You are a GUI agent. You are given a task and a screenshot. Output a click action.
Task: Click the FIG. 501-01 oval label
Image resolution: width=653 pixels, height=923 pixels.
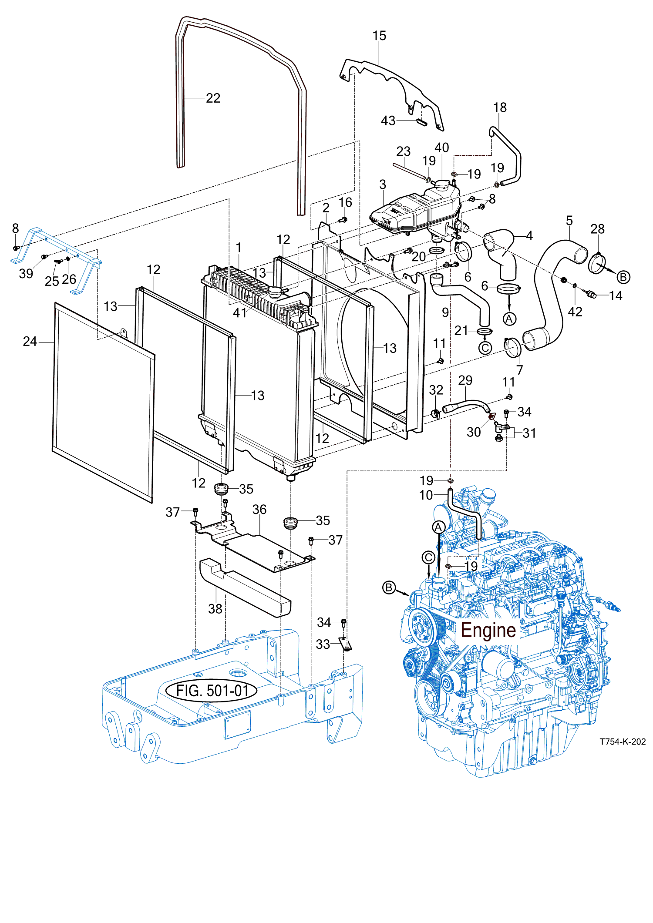tap(212, 690)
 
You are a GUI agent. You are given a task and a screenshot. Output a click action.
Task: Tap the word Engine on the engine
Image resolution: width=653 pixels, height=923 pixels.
tap(488, 630)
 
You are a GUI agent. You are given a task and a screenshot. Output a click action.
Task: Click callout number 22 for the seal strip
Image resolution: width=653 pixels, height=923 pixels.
tap(213, 98)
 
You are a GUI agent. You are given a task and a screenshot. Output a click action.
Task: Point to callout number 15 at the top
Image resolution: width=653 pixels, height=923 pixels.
tap(379, 36)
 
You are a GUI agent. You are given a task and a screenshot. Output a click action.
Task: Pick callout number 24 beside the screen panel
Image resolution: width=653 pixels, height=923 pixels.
tap(30, 342)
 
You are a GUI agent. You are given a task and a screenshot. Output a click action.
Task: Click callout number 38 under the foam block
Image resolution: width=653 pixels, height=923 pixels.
tap(215, 609)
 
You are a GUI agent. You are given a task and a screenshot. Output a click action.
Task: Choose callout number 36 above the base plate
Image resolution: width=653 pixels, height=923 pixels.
tap(259, 510)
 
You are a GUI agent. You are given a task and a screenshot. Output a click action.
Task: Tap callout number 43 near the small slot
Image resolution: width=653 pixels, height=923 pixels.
tap(388, 121)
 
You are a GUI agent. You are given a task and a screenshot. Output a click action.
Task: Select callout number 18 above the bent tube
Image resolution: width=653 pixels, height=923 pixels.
tap(500, 107)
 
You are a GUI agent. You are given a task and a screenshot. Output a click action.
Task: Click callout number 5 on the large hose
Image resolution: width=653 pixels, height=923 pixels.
tap(569, 221)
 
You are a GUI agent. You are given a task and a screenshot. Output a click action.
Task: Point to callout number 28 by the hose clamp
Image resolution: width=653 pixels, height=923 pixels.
tap(597, 229)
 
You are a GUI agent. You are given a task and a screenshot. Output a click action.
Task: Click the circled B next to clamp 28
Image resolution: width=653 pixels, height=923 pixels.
tap(623, 277)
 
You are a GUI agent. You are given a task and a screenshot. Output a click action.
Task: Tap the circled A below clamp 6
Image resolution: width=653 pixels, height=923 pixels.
tap(509, 319)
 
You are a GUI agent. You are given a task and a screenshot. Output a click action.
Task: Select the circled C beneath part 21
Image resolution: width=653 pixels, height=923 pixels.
tap(485, 348)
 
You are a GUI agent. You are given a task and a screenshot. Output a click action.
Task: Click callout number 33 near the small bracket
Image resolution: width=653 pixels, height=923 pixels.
tap(323, 644)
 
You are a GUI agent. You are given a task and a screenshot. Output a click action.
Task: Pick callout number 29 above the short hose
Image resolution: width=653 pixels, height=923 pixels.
tap(465, 381)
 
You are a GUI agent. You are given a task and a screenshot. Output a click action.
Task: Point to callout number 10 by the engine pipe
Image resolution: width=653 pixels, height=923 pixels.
tap(426, 495)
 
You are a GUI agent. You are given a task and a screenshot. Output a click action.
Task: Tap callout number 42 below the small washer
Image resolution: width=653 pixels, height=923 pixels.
tap(575, 312)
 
